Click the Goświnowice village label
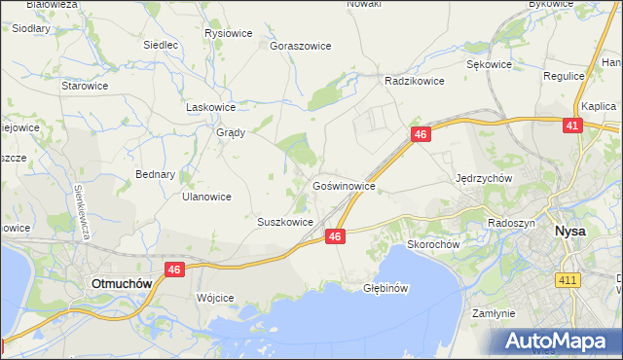pos(344,185)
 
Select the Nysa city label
pos(569,232)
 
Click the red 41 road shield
pos(573,126)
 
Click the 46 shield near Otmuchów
pos(174,270)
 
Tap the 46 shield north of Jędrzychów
pos(421,134)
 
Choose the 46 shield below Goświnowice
pos(335,236)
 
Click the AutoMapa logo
pos(560,341)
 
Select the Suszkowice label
pos(284,222)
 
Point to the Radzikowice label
pos(415,82)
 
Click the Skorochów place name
pos(433,244)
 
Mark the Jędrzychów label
pos(484,179)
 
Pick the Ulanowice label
pos(206,197)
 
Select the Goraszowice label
pos(301,46)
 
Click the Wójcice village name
pos(215,298)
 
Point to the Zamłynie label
pos(493,314)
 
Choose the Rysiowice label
pos(229,33)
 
